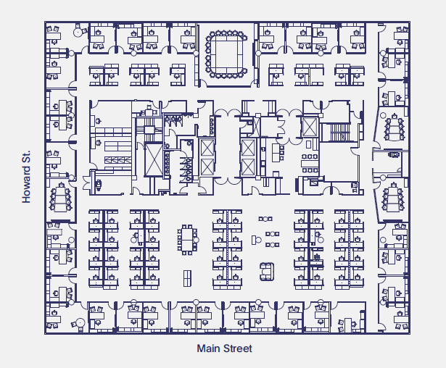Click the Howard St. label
pos(27,177)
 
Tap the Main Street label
pos(225,349)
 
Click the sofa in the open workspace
pos(268,272)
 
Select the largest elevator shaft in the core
pos(155,159)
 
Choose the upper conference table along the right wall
pos(395,129)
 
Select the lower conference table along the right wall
pos(395,198)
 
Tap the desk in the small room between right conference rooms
pos(394,154)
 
